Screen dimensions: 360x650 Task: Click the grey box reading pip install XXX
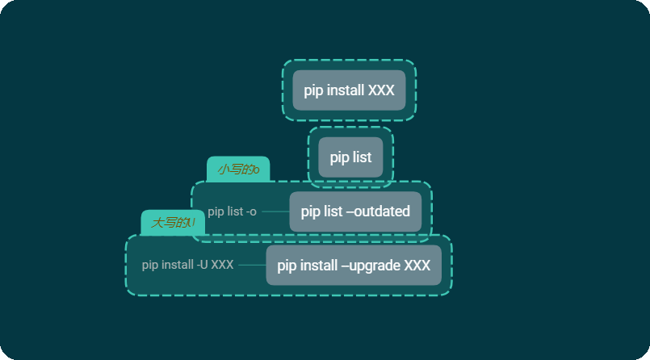349,90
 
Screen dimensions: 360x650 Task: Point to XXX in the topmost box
381,90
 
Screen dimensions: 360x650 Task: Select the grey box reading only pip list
350,157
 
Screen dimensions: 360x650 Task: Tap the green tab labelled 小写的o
237,170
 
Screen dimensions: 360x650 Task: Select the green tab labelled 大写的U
173,223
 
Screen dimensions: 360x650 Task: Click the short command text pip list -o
232,211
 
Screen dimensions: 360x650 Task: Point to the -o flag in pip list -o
250,211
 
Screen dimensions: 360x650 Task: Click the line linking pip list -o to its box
275,211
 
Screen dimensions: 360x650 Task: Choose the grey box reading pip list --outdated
355,211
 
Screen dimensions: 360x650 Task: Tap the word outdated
382,211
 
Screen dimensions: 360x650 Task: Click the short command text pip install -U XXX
187,265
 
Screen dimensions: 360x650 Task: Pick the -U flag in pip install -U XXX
202,265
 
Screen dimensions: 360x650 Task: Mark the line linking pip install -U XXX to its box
252,265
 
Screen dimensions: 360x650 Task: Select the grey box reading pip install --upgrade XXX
354,266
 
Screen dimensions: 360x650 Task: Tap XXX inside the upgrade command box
417,266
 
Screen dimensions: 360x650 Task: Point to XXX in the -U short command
222,265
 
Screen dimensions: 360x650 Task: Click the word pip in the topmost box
312,90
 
